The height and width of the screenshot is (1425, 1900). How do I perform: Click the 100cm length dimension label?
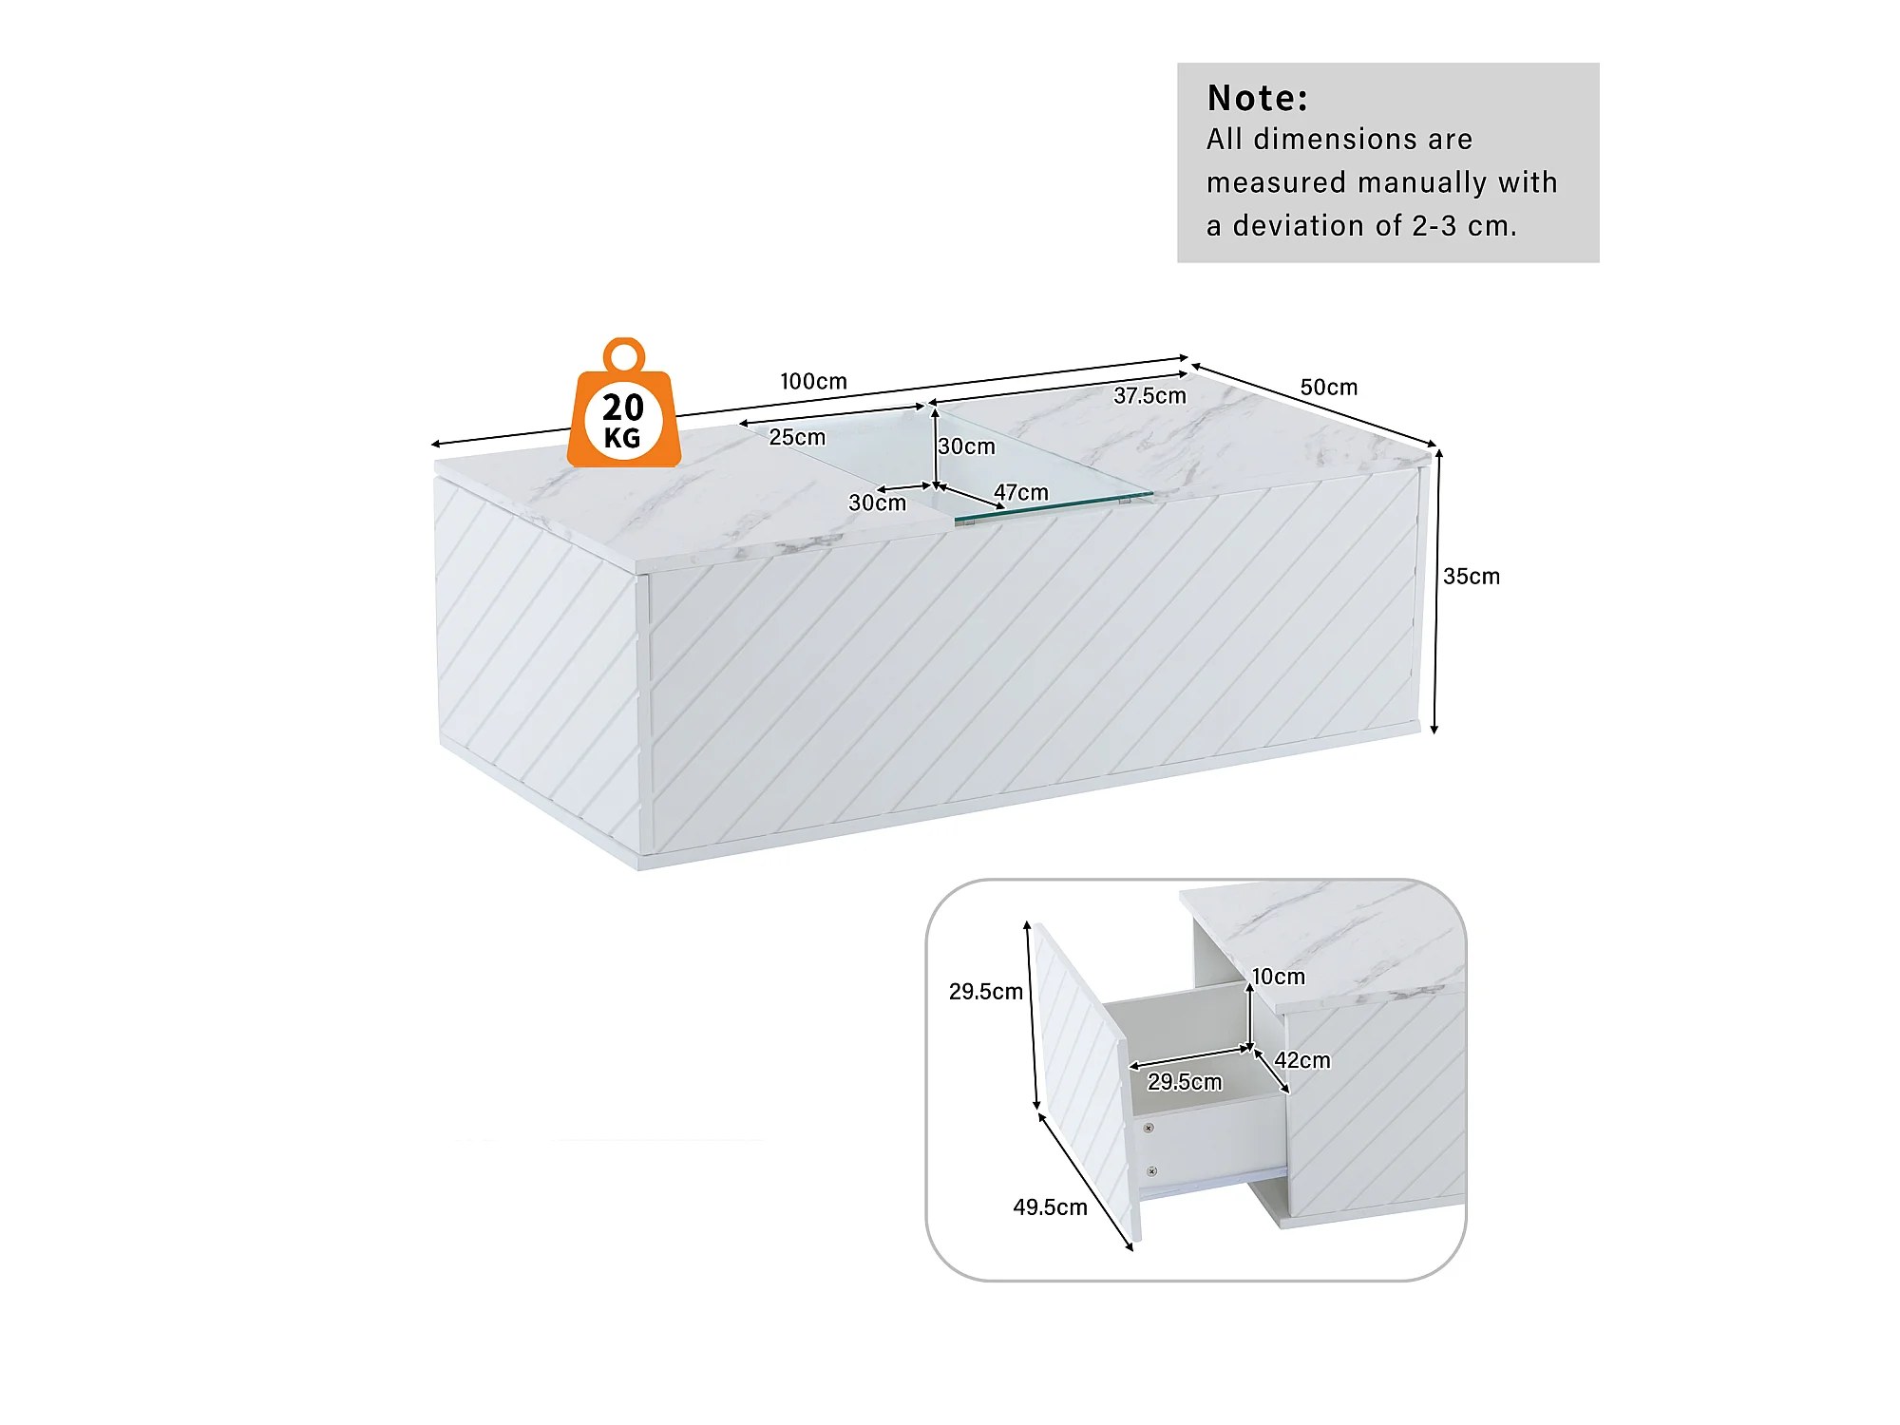(x=813, y=381)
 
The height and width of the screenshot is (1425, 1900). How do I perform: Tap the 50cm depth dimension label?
(x=1328, y=388)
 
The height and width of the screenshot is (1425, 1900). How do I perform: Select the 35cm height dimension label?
(x=1471, y=577)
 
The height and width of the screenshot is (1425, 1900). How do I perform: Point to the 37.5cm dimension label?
(x=1149, y=396)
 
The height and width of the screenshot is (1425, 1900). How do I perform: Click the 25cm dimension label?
(x=797, y=437)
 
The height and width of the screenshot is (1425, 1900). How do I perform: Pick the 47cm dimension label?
(x=1020, y=492)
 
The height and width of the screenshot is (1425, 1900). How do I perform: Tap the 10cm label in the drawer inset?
(x=1278, y=977)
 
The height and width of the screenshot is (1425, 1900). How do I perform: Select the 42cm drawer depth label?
(x=1301, y=1060)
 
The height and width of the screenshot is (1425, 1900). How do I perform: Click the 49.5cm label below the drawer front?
(x=1050, y=1207)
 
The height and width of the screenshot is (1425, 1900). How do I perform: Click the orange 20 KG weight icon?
(x=623, y=408)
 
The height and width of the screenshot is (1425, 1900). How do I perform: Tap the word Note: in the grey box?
(x=1257, y=98)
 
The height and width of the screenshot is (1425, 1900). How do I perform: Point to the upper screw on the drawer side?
(x=1149, y=1128)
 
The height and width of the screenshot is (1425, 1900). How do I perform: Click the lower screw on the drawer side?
(x=1151, y=1171)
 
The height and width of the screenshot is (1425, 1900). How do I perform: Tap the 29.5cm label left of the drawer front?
(x=985, y=992)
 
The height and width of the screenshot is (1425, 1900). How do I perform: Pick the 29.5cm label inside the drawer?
(x=1184, y=1082)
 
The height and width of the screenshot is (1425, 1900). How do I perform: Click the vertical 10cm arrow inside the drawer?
(x=1249, y=1016)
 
